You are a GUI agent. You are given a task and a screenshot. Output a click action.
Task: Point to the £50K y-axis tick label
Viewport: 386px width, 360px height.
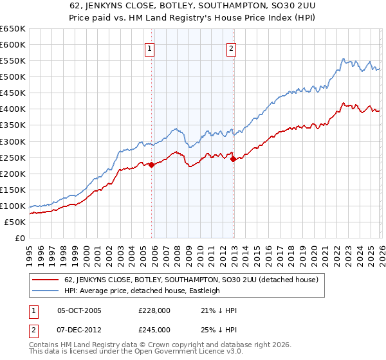point(15,222)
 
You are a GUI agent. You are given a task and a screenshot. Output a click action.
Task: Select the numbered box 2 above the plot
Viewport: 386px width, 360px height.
point(231,48)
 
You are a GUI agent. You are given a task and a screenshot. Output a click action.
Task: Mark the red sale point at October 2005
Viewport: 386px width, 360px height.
point(151,165)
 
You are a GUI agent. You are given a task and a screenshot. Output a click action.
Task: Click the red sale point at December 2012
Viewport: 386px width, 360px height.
point(234,159)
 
